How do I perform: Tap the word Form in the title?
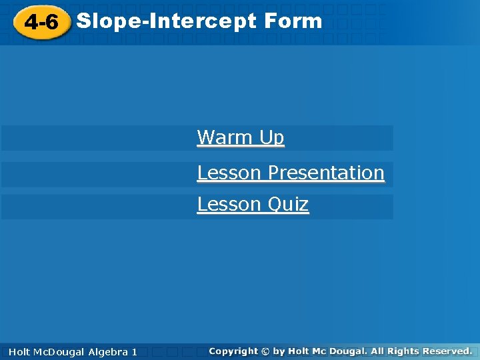coord(293,21)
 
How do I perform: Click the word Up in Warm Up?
coord(271,138)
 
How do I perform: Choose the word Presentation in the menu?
coord(326,173)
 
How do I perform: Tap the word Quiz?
coord(287,204)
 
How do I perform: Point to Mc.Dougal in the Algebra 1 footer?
coord(59,351)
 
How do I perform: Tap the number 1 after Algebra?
coord(135,351)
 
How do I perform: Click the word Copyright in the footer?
coord(233,351)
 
